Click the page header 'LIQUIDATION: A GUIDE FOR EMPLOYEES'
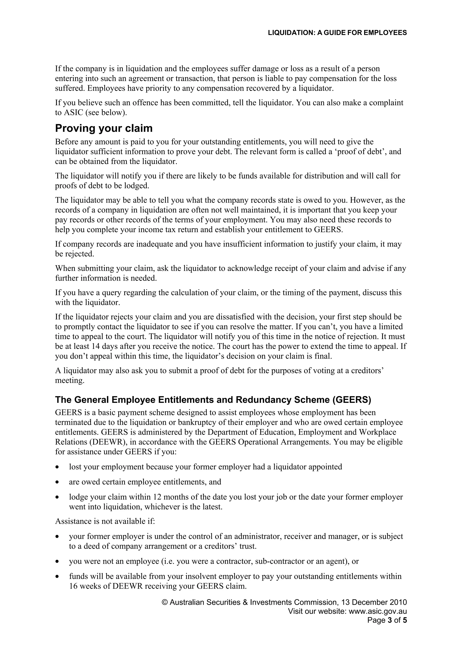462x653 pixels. click(337, 33)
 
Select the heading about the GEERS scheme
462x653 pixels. click(213, 400)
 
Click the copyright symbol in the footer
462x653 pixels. click(164, 602)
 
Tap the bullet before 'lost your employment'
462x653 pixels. click(58, 467)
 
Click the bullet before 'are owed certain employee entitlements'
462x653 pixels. click(58, 482)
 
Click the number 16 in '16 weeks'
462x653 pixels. click(73, 586)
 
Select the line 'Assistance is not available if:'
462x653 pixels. click(105, 521)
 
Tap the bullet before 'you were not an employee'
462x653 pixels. click(58, 561)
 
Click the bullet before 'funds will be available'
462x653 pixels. click(58, 577)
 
